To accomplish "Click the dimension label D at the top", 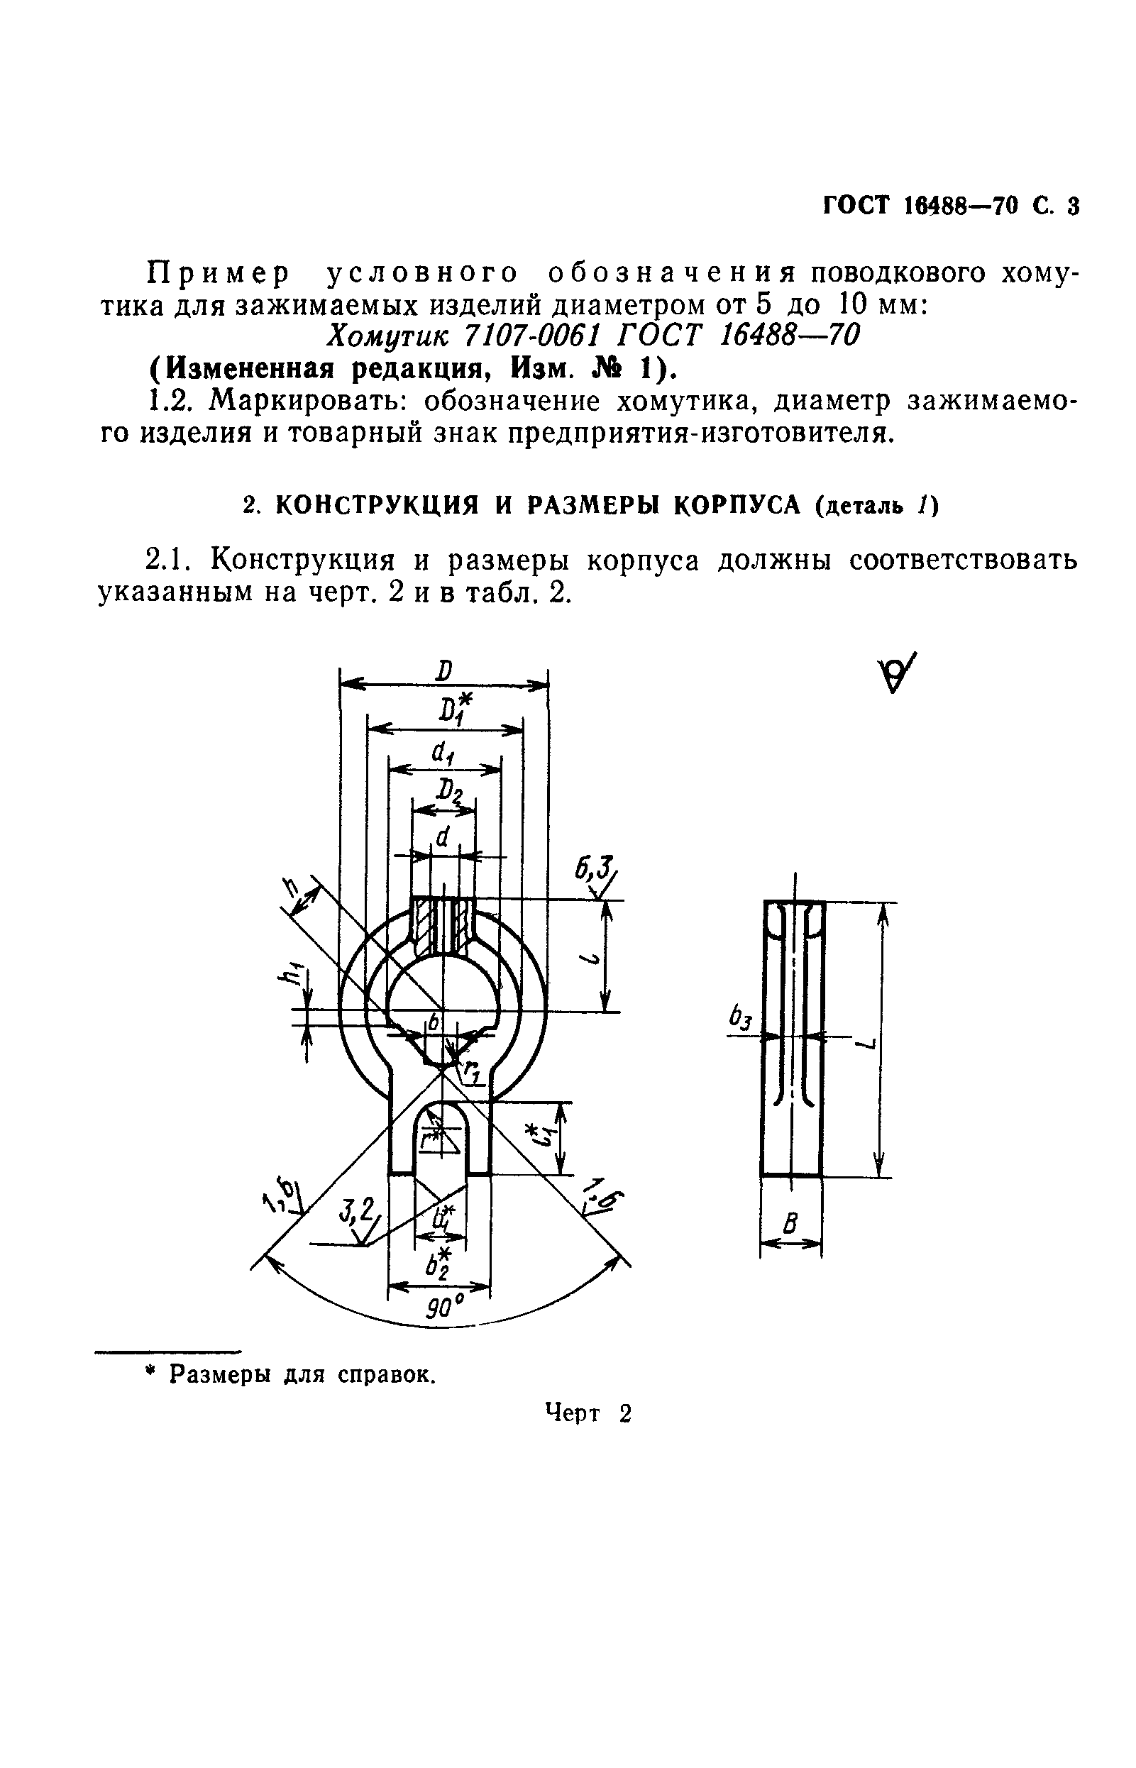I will coord(443,670).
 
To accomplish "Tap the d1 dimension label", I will coord(443,753).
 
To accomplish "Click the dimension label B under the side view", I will coord(790,1225).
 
